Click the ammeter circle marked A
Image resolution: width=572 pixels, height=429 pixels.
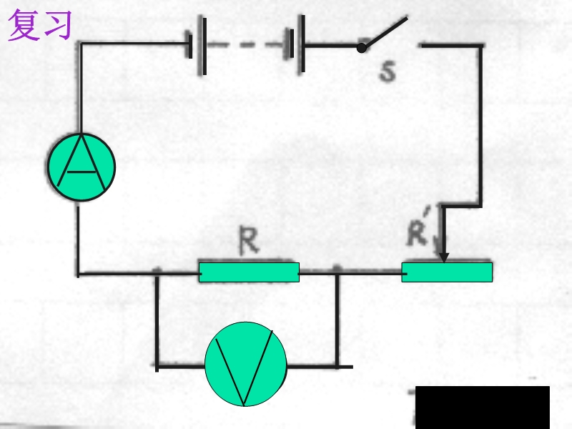82,167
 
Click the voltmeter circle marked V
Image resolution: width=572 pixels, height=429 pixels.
246,364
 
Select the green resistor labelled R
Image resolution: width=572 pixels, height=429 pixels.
249,272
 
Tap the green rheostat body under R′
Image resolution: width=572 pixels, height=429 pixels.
447,272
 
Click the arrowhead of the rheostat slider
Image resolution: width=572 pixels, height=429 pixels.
443,257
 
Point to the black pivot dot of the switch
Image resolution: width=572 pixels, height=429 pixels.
361,48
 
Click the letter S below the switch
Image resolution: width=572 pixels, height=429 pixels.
388,71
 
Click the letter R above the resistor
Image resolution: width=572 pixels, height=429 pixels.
249,240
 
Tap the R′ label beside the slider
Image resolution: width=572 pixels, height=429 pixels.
418,228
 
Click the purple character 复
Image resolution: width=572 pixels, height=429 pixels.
24,25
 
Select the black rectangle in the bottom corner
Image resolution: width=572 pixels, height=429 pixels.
482,408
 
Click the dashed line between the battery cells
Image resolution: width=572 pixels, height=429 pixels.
246,45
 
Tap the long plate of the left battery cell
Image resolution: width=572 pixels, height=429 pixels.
202,45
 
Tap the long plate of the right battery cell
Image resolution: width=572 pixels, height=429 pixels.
301,44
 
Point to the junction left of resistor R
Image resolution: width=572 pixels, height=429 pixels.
157,273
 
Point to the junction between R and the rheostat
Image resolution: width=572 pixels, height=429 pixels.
337,272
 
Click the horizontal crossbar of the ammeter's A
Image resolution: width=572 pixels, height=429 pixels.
82,171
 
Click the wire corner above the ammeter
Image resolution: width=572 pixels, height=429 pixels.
79,44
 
